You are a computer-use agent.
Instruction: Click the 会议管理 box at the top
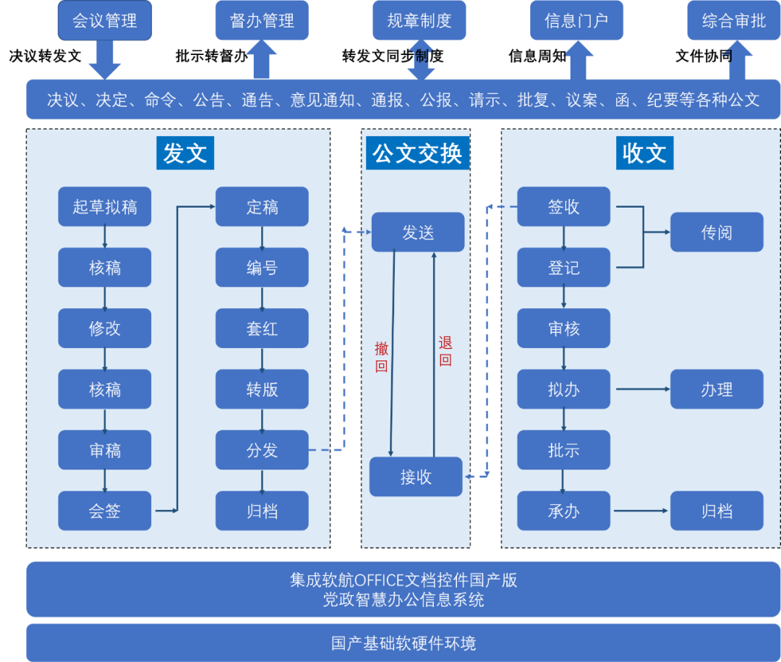(105, 21)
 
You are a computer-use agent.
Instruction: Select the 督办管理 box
(262, 21)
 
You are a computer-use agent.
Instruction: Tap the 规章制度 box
(419, 21)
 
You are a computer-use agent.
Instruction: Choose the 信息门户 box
(576, 21)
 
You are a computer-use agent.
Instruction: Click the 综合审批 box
(733, 21)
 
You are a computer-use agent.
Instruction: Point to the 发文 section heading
(185, 153)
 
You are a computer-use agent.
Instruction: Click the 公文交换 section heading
(417, 153)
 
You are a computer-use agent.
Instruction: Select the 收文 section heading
(644, 153)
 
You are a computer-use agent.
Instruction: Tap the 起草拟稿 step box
(105, 207)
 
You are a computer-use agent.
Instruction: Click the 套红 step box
(262, 328)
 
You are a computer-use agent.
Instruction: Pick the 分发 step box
(262, 450)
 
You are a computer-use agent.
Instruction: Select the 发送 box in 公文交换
(418, 232)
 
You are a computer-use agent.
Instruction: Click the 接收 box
(416, 477)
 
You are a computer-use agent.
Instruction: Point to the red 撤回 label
(381, 357)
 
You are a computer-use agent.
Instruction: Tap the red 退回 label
(445, 351)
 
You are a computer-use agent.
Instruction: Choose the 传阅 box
(717, 232)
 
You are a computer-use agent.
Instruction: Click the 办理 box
(717, 389)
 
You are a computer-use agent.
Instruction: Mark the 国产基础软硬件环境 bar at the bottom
(404, 642)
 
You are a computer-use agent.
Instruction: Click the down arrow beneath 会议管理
(105, 61)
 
